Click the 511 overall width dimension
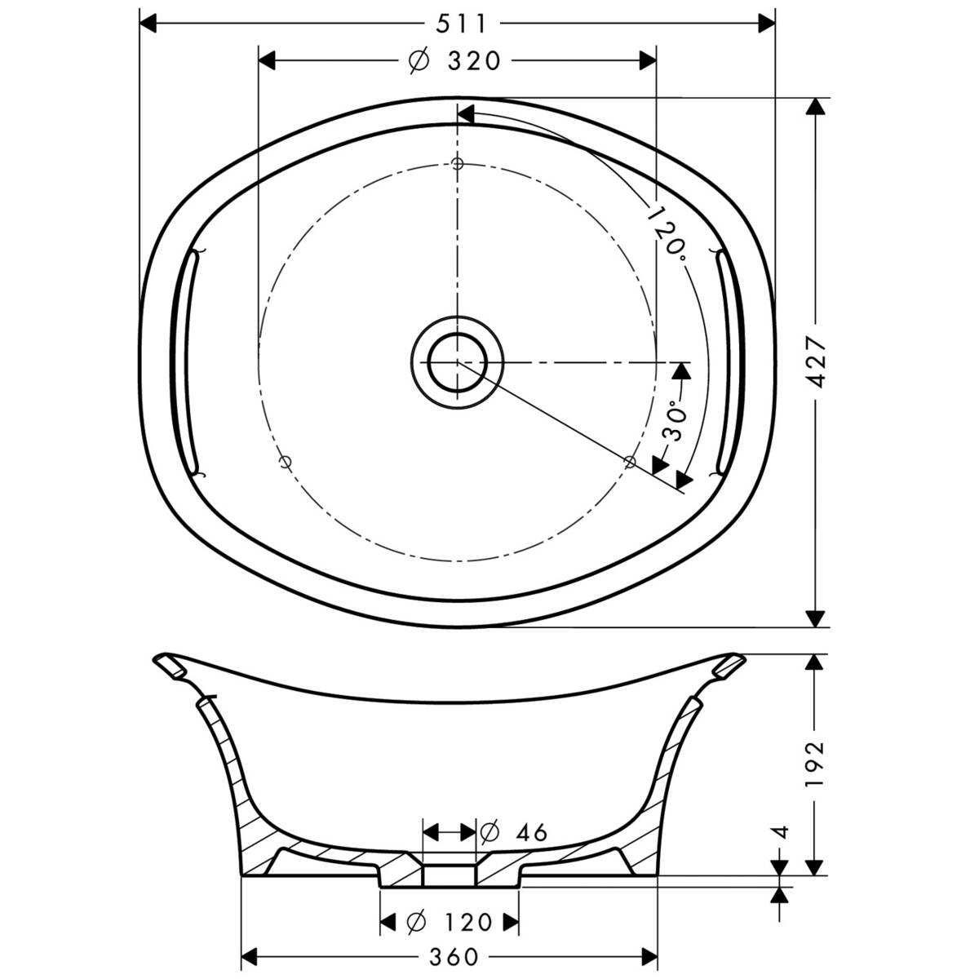tap(459, 24)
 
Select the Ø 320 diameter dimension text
tap(454, 61)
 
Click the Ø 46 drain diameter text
tap(513, 832)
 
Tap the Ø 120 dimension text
tap(450, 922)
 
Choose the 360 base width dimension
tap(450, 955)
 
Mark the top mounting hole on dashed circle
tap(458, 164)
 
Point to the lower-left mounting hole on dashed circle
tap(285, 462)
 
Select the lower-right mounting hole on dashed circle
tap(629, 462)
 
